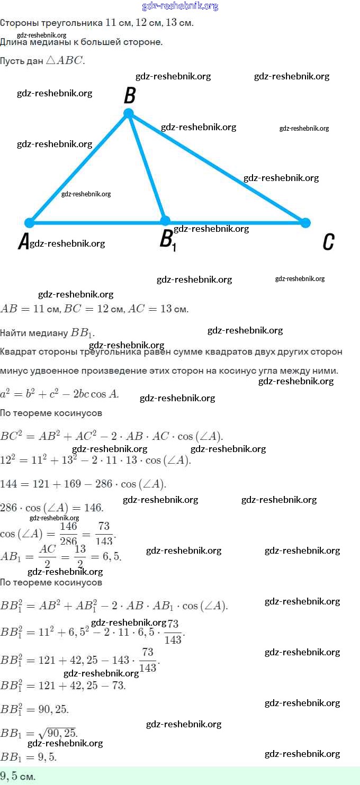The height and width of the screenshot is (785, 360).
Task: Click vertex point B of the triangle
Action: point(128,113)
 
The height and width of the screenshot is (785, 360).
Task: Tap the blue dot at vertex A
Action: point(30,223)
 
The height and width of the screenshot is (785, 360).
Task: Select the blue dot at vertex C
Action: point(305,223)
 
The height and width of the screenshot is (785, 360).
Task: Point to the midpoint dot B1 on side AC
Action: point(165,221)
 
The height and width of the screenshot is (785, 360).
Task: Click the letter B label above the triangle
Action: point(130,96)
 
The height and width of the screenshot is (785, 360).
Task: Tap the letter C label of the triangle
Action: point(328,242)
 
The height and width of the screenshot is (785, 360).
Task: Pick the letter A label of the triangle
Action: point(23,242)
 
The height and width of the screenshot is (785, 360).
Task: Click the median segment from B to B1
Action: point(147,167)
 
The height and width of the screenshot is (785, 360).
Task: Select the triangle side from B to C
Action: point(217,168)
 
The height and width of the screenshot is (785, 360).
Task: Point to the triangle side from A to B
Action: point(79,168)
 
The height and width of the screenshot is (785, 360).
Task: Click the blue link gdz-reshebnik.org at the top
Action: point(180,6)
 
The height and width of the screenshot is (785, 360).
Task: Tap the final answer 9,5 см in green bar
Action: point(18,777)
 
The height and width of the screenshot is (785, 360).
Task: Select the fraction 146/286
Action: point(68,534)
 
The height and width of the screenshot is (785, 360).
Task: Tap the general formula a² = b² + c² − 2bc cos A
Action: point(59,393)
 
